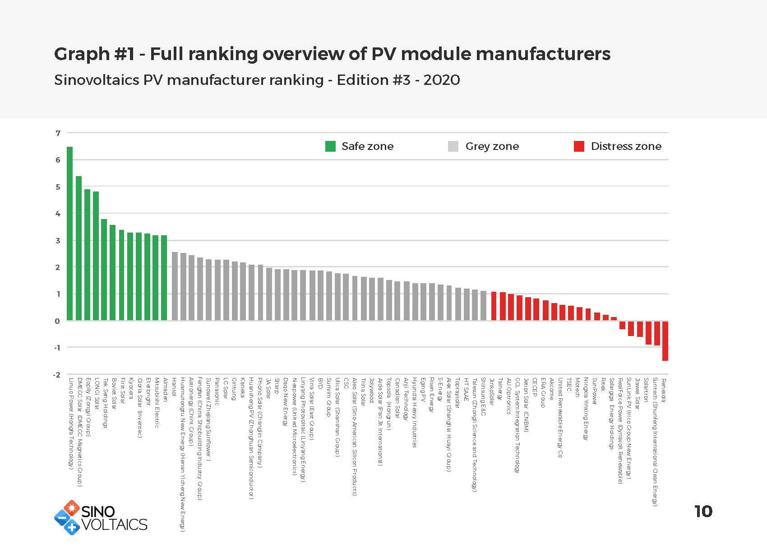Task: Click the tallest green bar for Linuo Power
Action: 69,233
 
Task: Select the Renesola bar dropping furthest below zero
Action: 665,341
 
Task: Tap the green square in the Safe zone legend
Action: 330,146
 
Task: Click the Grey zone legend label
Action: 492,146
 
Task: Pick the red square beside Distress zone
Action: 579,146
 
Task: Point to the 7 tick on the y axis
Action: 58,133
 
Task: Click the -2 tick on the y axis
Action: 56,374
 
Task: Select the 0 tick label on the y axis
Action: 57,321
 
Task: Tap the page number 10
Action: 703,512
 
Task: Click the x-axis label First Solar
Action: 122,391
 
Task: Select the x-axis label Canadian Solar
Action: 397,395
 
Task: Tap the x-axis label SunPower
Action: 595,391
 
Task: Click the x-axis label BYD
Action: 320,383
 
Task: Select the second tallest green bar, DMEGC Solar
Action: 79,248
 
